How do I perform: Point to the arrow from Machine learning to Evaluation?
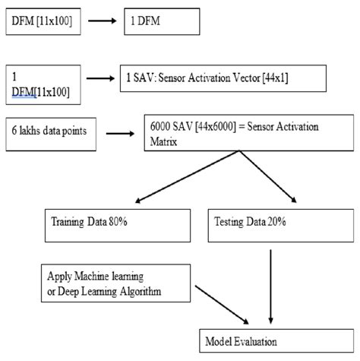coord(222,304)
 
